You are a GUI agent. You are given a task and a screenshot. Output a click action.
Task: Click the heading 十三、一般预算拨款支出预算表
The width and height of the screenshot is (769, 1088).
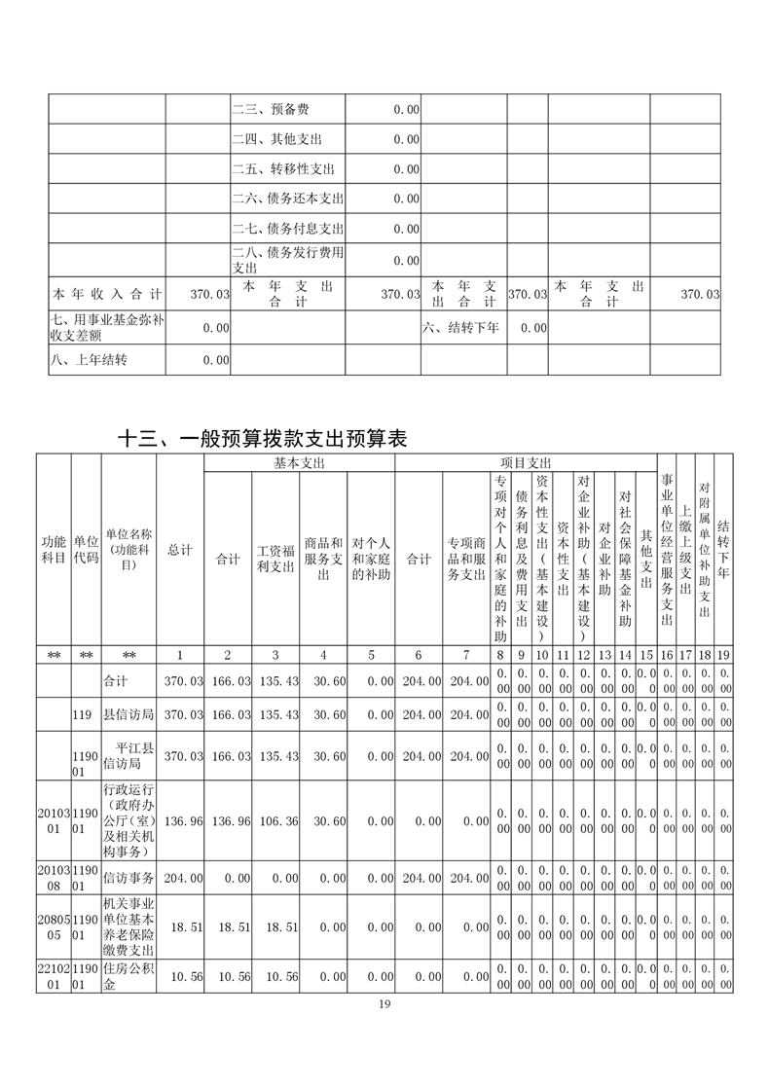261,439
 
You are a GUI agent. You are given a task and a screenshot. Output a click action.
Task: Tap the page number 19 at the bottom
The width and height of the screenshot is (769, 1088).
384,1004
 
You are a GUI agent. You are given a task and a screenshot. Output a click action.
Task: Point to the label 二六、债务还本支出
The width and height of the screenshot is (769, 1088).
287,199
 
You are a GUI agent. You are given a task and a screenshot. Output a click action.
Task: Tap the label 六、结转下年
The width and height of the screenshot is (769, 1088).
460,328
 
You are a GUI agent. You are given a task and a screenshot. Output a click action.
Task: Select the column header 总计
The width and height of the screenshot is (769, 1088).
180,550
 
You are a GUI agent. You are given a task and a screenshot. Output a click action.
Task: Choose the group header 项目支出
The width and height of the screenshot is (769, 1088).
526,462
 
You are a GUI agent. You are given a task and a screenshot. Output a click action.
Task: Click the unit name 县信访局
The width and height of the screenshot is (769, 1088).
128,714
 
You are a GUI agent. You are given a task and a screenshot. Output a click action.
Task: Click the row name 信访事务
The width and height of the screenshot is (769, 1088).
128,877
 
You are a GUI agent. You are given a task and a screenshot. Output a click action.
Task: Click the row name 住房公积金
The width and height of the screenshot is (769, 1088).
128,976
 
